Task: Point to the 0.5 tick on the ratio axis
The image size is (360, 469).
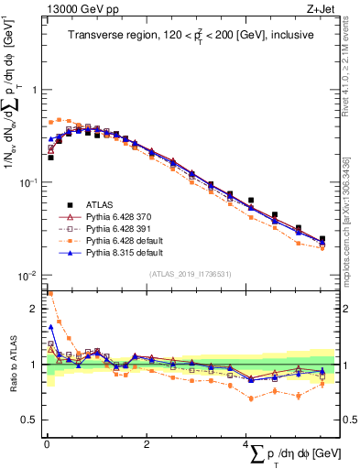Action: [29, 420]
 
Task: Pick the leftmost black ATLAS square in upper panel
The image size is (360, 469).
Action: [50, 158]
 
